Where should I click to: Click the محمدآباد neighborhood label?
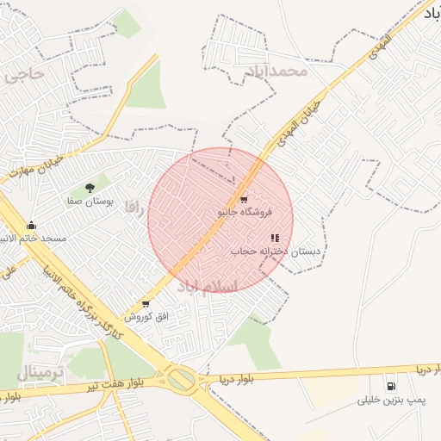(275, 71)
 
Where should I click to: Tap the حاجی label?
(23, 74)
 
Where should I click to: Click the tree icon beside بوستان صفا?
(90, 187)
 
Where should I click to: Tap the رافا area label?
(132, 207)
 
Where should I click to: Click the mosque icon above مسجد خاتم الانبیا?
(32, 225)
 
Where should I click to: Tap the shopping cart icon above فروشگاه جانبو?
(245, 200)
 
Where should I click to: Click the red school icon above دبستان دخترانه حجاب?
(275, 239)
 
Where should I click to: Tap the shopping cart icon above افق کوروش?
(145, 304)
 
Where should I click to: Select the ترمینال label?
(40, 374)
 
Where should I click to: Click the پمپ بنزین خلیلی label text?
(391, 401)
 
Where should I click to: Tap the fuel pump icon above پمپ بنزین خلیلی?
(392, 387)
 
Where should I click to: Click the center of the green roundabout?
(182, 378)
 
